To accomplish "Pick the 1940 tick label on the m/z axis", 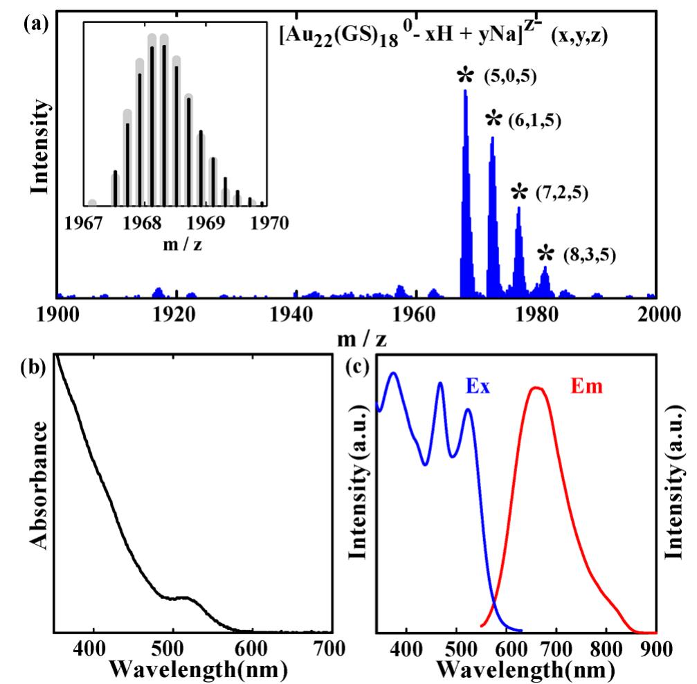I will tap(296, 313).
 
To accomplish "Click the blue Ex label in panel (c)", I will tap(478, 387).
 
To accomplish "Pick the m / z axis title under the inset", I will tap(176, 243).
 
